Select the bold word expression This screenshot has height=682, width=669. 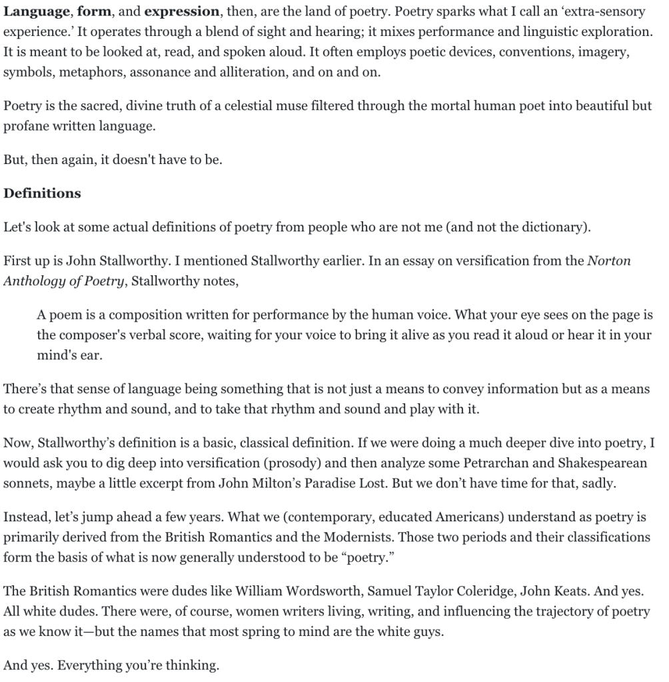point(181,13)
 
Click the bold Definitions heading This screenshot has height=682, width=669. point(42,193)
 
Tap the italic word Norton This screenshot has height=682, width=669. point(608,261)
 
